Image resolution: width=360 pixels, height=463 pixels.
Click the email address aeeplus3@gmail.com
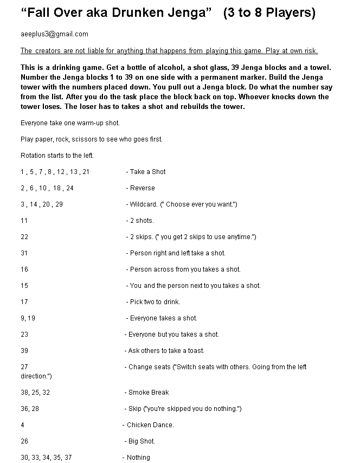[x=54, y=34]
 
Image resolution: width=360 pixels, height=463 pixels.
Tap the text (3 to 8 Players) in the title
[x=269, y=12]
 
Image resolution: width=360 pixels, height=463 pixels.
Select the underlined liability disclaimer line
[x=169, y=51]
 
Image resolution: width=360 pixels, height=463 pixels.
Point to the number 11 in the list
[x=24, y=221]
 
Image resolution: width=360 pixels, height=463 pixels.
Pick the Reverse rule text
[x=142, y=188]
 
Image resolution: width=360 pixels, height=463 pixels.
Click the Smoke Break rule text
[x=149, y=393]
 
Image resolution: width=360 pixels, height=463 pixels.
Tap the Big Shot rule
[x=142, y=441]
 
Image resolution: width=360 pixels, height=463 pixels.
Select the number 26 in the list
[x=24, y=441]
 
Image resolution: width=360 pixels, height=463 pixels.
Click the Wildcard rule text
[x=183, y=204]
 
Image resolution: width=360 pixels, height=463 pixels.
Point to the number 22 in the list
[x=24, y=237]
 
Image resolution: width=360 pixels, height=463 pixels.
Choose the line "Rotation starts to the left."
[x=57, y=156]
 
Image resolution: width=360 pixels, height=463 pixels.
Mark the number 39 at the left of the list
[x=24, y=351]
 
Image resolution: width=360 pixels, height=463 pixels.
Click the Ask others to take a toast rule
[x=166, y=351]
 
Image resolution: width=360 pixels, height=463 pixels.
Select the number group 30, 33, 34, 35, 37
[x=46, y=458]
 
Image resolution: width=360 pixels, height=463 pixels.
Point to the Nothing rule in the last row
[x=138, y=458]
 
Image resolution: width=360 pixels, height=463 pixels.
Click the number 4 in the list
[x=22, y=425]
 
